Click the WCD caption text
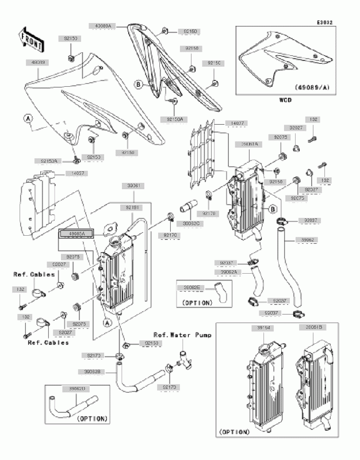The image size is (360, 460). pyautogui.click(x=285, y=99)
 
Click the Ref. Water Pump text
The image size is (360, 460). pyautogui.click(x=182, y=335)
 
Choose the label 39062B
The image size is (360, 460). pyautogui.click(x=93, y=372)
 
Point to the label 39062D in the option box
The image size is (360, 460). pyautogui.click(x=78, y=389)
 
